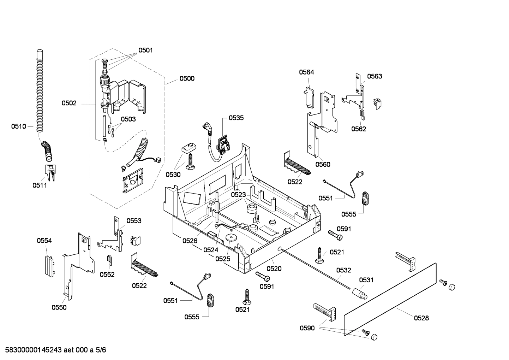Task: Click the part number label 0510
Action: [x=18, y=126]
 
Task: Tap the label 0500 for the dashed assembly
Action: [x=187, y=78]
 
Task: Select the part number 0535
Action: [x=236, y=118]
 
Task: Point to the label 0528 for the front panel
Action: [x=421, y=318]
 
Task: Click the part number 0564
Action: [x=306, y=72]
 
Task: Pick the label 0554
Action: [x=44, y=241]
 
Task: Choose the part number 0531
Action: [x=366, y=280]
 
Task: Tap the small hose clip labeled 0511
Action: [x=50, y=172]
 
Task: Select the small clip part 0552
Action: [x=109, y=260]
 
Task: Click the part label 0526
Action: [x=190, y=241]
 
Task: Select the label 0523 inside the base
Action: [x=239, y=195]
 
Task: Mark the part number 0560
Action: [x=323, y=164]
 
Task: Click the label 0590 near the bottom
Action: [x=307, y=328]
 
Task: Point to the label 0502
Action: [x=69, y=103]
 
